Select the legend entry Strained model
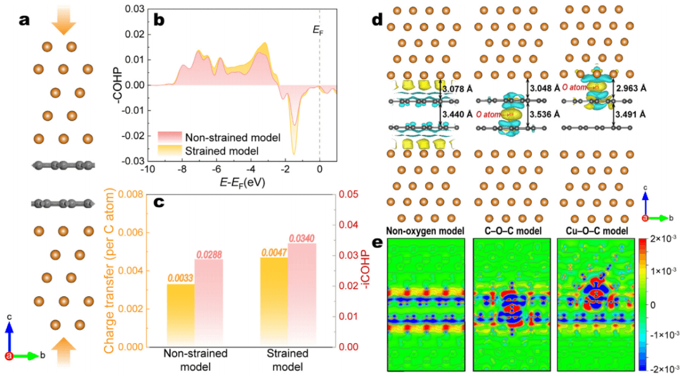(224, 150)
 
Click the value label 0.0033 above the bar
(180, 277)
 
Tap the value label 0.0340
(302, 238)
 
